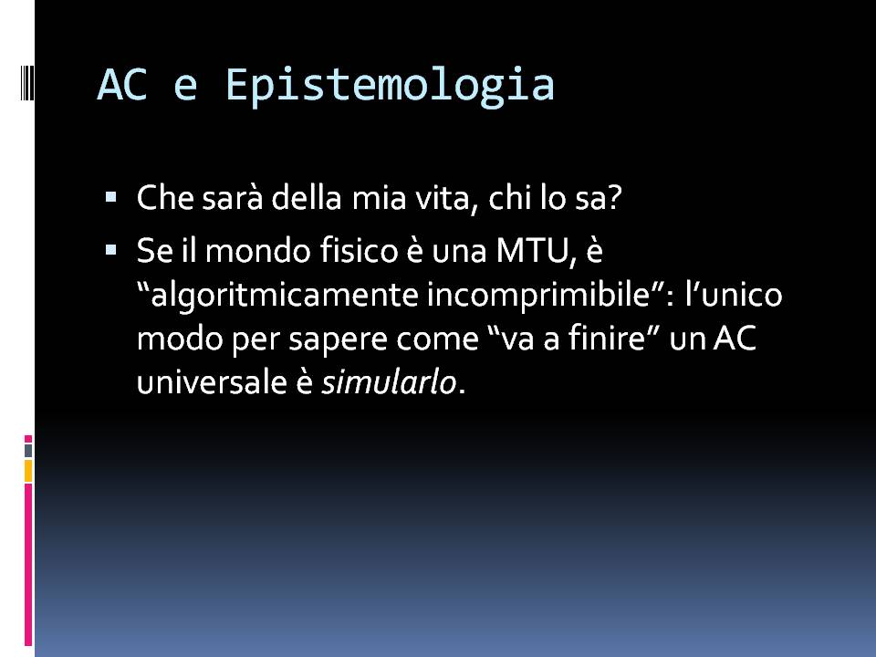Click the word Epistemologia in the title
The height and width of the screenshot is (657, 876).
[x=390, y=86]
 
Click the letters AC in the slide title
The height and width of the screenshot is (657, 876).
[x=122, y=84]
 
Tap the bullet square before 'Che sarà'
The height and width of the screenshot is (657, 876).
[x=110, y=197]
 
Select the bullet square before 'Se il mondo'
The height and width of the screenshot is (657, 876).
[x=110, y=249]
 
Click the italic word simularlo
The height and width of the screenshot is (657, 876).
[x=389, y=382]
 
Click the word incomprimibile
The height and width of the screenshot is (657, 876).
[x=539, y=296]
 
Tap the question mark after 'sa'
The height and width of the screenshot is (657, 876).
[x=613, y=198]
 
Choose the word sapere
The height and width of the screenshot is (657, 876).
[x=338, y=340]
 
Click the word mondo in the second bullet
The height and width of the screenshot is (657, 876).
[x=258, y=250]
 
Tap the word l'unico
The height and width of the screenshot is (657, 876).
[x=734, y=295]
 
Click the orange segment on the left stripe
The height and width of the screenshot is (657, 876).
[x=28, y=471]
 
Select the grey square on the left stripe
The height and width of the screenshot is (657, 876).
[x=28, y=450]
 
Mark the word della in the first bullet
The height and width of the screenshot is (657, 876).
[x=307, y=198]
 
